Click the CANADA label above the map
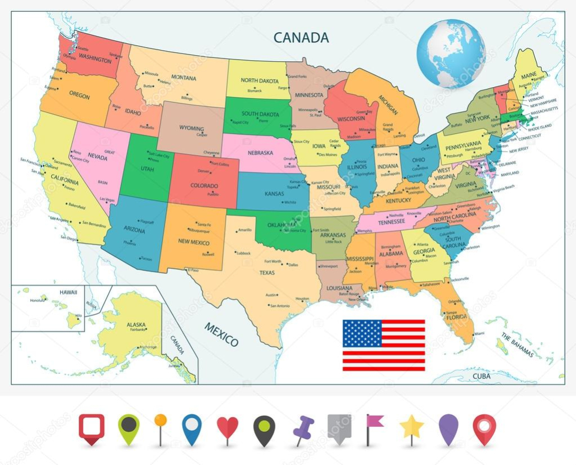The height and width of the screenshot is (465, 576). (x=301, y=38)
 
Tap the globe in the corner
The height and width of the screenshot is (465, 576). (x=451, y=53)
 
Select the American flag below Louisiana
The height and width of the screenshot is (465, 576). (x=384, y=345)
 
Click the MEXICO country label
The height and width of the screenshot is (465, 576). (x=220, y=335)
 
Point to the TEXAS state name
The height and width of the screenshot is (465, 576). (x=267, y=273)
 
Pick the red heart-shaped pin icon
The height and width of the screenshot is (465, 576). (x=227, y=428)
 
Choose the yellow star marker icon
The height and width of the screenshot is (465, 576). (x=412, y=428)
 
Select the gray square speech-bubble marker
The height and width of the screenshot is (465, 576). (x=339, y=428)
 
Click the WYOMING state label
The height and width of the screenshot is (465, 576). (x=191, y=128)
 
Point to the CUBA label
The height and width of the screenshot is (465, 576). (x=481, y=376)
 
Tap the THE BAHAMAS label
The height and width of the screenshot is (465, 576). (x=517, y=345)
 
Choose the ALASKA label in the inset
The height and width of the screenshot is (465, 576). (x=136, y=324)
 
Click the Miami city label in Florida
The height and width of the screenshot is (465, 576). (x=479, y=333)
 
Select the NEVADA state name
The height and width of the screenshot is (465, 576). (x=97, y=157)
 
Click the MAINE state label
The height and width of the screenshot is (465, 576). (x=529, y=75)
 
